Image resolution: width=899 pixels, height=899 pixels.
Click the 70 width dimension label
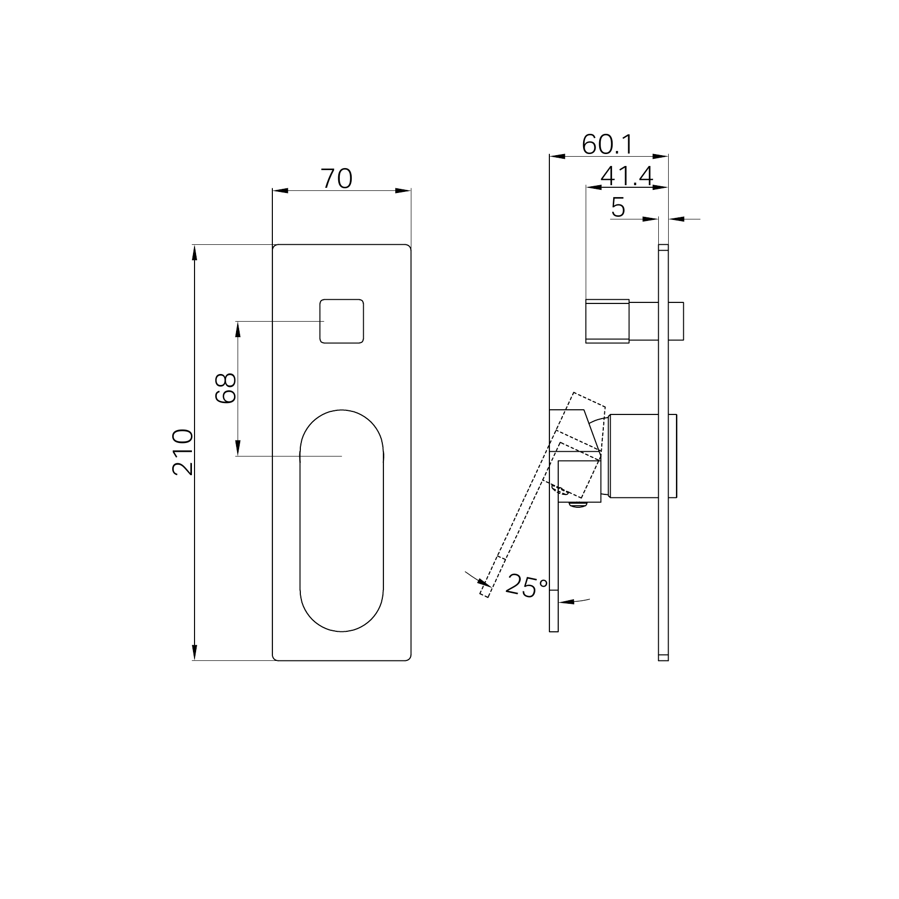click(x=337, y=179)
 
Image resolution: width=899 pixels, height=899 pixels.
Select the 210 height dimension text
click(x=183, y=452)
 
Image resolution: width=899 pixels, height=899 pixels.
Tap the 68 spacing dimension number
click(x=226, y=388)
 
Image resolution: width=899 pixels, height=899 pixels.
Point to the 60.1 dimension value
click(x=607, y=144)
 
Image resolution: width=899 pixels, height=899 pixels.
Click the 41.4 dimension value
click(x=627, y=176)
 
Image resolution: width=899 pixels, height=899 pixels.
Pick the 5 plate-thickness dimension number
click(x=618, y=208)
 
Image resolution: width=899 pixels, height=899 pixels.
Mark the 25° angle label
click(x=526, y=586)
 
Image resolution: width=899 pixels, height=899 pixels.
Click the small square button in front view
click(x=341, y=321)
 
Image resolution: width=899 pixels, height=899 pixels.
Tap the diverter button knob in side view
click(x=607, y=321)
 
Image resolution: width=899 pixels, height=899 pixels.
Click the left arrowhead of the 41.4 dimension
click(x=593, y=187)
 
